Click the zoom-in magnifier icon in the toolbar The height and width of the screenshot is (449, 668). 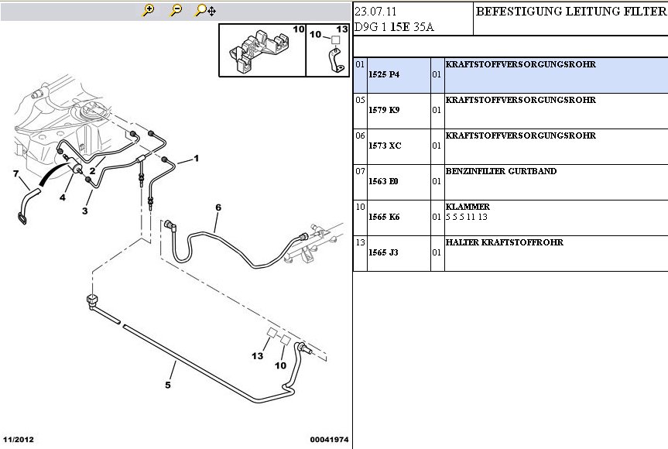click(149, 10)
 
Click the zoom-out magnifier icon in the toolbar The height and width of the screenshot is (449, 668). click(176, 10)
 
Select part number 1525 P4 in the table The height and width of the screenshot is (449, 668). click(384, 74)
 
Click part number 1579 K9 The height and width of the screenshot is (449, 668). click(384, 110)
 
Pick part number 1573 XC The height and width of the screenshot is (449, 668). click(385, 146)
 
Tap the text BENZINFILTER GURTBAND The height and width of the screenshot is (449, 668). click(501, 171)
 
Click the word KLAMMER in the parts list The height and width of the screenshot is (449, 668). click(468, 207)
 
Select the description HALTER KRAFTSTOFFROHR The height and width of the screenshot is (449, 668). click(504, 242)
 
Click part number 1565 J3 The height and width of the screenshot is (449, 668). click(383, 252)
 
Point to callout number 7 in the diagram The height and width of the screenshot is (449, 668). click(15, 173)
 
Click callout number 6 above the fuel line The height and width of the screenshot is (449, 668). click(218, 207)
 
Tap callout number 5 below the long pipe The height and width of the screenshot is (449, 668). click(168, 384)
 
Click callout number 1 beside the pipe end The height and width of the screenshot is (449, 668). click(197, 159)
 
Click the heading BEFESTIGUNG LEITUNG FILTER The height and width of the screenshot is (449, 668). click(570, 12)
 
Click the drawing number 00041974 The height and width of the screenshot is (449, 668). click(329, 440)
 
